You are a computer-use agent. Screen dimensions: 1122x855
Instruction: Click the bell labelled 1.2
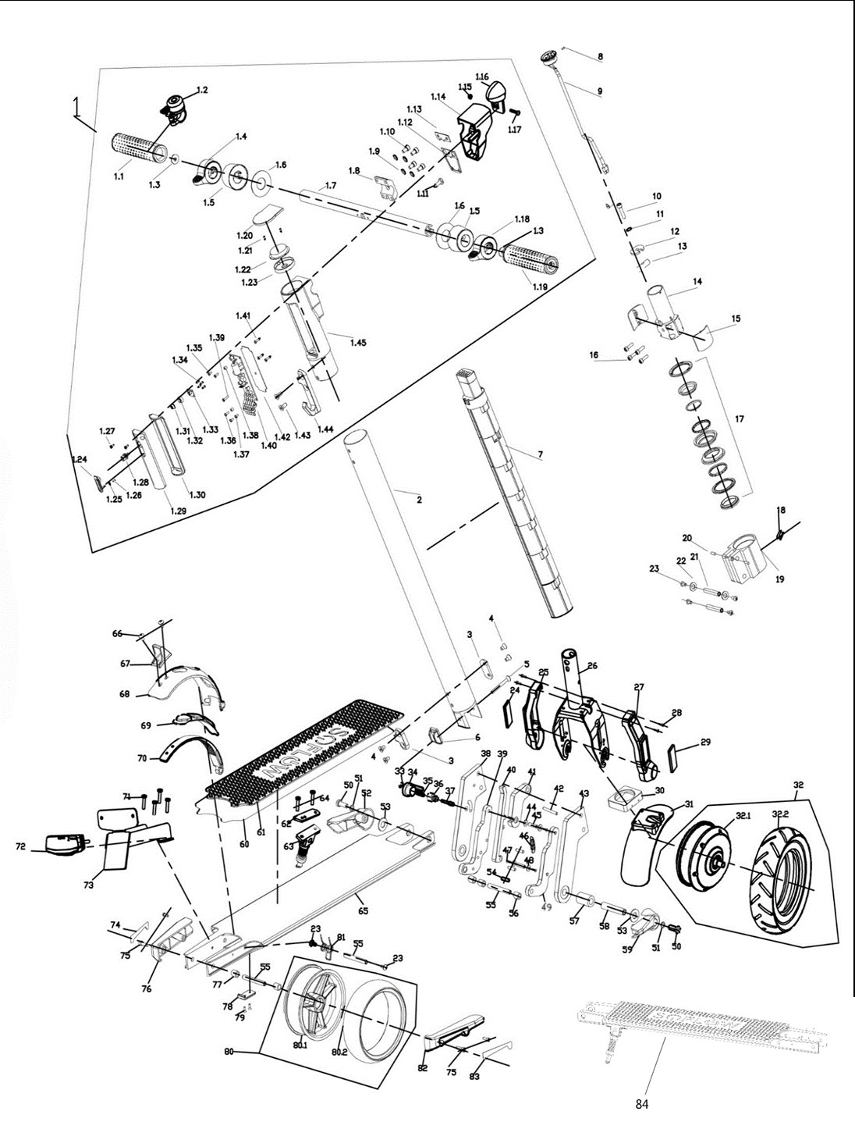[x=176, y=106]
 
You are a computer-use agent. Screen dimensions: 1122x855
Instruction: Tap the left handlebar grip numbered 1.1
[x=138, y=144]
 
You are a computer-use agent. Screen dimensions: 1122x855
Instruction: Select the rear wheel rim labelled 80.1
[x=307, y=1003]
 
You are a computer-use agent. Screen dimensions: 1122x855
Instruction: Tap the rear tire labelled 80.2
[x=378, y=1015]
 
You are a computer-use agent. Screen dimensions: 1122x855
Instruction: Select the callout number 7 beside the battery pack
[x=539, y=454]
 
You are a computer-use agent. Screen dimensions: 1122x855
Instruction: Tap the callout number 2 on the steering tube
[x=419, y=500]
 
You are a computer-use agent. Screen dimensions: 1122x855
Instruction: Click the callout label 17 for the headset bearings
[x=739, y=419]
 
